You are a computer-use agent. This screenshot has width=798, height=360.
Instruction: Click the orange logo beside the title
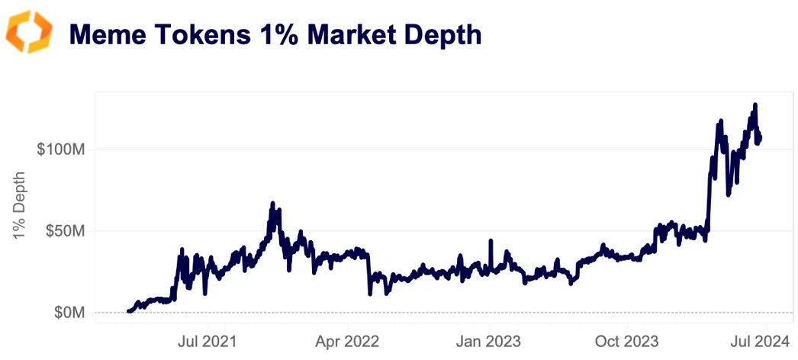click(29, 33)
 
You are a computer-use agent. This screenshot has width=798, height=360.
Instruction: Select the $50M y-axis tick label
click(63, 230)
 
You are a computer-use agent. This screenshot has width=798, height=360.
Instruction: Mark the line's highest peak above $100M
click(755, 104)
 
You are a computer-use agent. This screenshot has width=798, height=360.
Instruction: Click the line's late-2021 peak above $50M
click(272, 204)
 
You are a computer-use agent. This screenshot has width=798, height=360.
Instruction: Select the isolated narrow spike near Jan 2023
click(491, 241)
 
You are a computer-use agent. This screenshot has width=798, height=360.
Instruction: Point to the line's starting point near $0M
click(128, 311)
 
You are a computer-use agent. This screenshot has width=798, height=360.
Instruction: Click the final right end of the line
click(760, 137)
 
